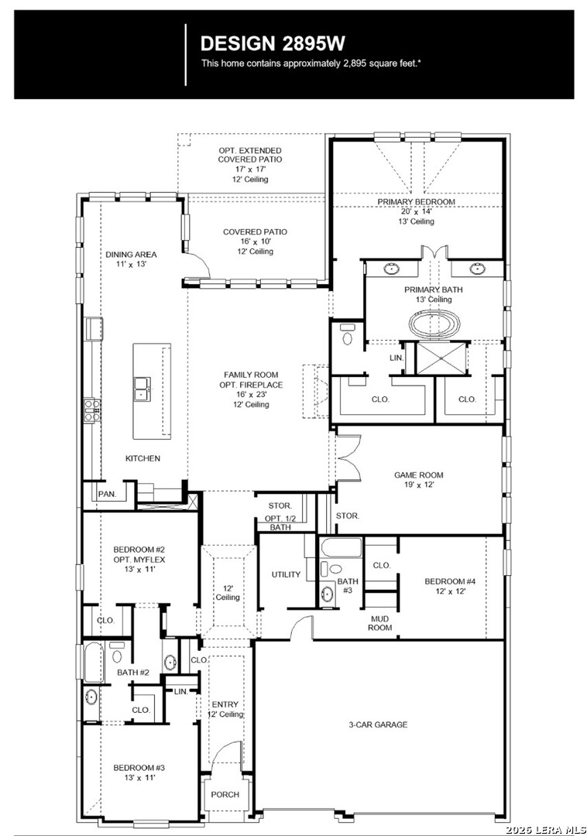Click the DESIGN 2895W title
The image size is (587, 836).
pyautogui.click(x=273, y=43)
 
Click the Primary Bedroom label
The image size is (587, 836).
pyautogui.click(x=417, y=201)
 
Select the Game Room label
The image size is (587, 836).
pyautogui.click(x=418, y=475)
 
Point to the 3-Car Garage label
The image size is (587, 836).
pyautogui.click(x=378, y=725)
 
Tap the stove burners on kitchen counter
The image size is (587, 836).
pyautogui.click(x=91, y=410)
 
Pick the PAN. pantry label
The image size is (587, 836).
pyautogui.click(x=107, y=494)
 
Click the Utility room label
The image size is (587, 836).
pyautogui.click(x=287, y=574)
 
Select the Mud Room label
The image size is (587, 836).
pyautogui.click(x=380, y=622)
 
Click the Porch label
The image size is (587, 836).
pyautogui.click(x=225, y=794)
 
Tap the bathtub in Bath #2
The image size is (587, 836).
pyautogui.click(x=94, y=663)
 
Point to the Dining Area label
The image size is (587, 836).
pyautogui.click(x=131, y=255)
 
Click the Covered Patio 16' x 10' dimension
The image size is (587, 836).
pyautogui.click(x=256, y=242)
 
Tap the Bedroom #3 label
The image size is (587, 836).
pyautogui.click(x=139, y=768)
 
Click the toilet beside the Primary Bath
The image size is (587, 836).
pyautogui.click(x=348, y=335)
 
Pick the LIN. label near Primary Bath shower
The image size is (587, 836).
pyautogui.click(x=396, y=358)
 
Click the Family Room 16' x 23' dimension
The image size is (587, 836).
pyautogui.click(x=251, y=395)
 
